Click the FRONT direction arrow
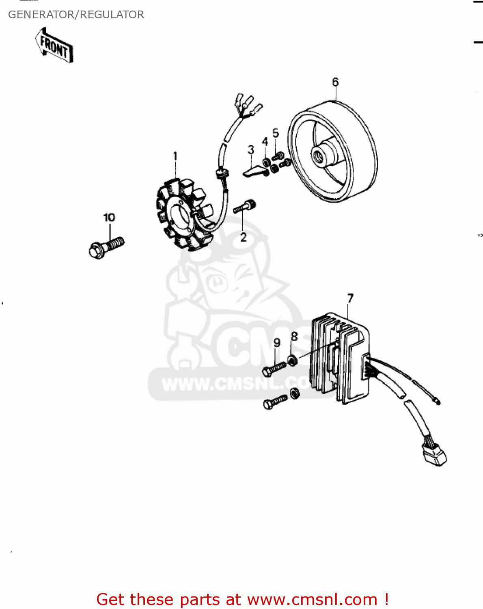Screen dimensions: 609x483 pyautogui.click(x=54, y=45)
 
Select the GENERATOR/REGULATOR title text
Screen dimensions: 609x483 pyautogui.click(x=76, y=15)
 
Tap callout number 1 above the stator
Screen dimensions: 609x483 pyautogui.click(x=175, y=156)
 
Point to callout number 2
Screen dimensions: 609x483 pyautogui.click(x=243, y=237)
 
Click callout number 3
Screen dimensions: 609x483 pyautogui.click(x=251, y=150)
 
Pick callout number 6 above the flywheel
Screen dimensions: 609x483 pyautogui.click(x=335, y=82)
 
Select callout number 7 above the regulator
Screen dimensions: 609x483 pyautogui.click(x=350, y=298)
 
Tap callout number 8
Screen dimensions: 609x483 pyautogui.click(x=294, y=337)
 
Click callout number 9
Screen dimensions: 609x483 pyautogui.click(x=277, y=343)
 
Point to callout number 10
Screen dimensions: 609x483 pyautogui.click(x=109, y=218)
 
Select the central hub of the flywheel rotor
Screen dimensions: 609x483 pyautogui.click(x=323, y=153)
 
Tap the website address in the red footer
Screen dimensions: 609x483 pyautogui.click(x=312, y=599)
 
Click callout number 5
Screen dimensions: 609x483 pyautogui.click(x=276, y=133)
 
